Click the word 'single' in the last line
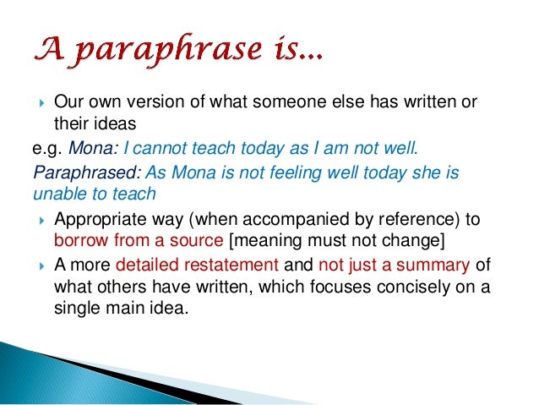point(78,309)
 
